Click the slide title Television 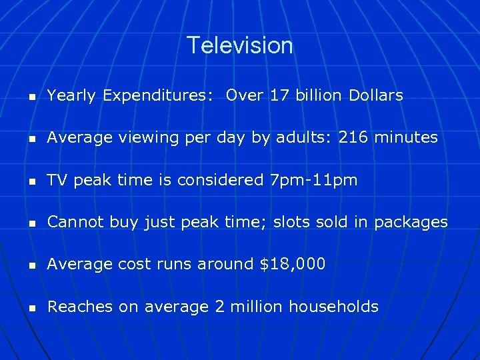[239, 45]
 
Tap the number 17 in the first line [279, 96]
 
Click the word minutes [406, 138]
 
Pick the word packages [411, 223]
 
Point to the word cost [131, 264]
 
